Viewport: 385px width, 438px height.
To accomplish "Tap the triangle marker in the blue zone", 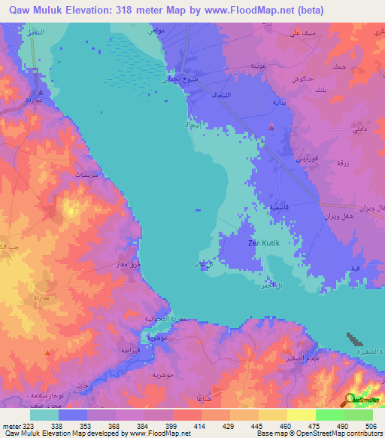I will tap(271, 127).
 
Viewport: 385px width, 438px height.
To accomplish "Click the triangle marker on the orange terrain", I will tap(47, 351).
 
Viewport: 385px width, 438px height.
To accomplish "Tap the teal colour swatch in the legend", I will tap(44, 415).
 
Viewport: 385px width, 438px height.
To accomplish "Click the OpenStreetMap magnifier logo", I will tap(351, 400).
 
